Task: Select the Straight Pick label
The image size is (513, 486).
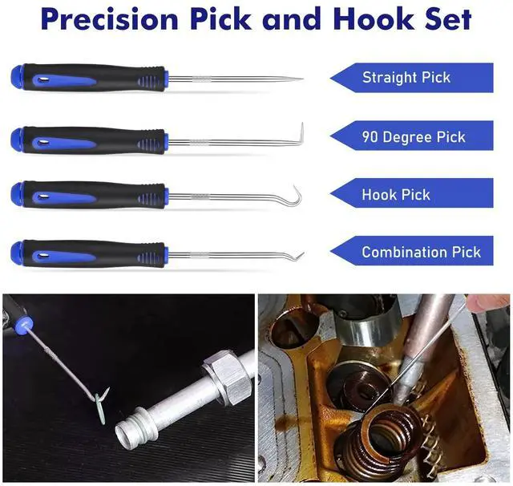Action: (x=406, y=78)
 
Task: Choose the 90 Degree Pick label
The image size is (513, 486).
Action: (x=413, y=136)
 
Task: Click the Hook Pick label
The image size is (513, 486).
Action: (x=396, y=194)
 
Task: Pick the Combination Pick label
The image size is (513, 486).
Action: (x=421, y=252)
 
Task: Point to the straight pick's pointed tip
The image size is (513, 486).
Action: (x=301, y=79)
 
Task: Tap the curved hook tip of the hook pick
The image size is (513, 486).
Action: (x=298, y=192)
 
